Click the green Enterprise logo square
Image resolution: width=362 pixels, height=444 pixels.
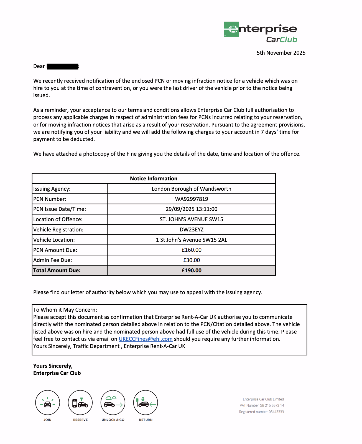point(231,29)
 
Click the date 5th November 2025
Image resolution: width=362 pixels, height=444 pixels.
point(281,53)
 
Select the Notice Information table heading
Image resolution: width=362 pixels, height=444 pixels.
point(154,178)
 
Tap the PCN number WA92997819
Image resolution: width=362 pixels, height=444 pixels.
point(192,199)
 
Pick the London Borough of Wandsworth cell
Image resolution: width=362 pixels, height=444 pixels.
point(192,189)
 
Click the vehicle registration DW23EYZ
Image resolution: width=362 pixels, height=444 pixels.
point(192,229)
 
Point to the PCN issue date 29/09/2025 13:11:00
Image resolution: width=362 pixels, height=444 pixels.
point(192,209)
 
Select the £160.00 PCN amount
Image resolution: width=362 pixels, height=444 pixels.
point(192,250)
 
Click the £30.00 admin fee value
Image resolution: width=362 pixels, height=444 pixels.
point(192,260)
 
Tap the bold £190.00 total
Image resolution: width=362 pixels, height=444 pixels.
point(192,270)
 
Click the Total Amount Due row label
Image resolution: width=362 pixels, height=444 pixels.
point(57,270)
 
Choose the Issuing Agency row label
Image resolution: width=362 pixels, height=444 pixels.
point(52,189)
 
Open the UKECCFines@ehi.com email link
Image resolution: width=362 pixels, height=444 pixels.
point(146,339)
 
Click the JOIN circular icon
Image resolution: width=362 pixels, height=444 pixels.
point(48,403)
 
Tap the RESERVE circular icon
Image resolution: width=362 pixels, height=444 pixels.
point(80,403)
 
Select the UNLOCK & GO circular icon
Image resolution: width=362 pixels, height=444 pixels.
point(113,403)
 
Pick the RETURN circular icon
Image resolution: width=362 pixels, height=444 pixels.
point(146,403)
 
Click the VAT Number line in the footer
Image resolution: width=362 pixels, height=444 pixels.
point(262,405)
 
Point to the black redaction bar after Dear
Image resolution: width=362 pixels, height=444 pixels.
point(63,66)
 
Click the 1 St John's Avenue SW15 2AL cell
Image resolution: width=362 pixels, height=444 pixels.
point(192,240)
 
